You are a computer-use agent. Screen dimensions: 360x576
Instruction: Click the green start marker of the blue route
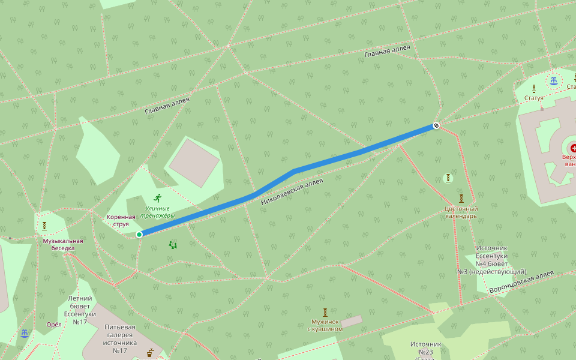(x=139, y=234)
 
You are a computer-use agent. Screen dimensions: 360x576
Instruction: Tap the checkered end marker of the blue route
(x=436, y=126)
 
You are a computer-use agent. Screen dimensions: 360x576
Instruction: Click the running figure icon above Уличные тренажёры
(x=158, y=197)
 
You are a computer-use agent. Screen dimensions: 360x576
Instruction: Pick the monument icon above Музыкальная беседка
(x=44, y=226)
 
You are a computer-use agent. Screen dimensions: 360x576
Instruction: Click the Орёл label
(x=54, y=325)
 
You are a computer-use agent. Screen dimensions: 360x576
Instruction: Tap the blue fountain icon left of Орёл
(x=24, y=334)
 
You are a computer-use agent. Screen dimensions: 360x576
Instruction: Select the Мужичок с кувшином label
(x=325, y=325)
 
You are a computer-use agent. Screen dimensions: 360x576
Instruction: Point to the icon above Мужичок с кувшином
(x=325, y=312)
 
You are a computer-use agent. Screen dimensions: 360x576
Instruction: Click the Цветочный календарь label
(x=461, y=212)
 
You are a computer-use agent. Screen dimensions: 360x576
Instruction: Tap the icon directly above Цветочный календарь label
(x=461, y=198)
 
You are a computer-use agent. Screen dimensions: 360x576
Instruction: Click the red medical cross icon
(x=574, y=148)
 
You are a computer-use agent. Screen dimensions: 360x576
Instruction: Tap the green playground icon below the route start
(x=173, y=244)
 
